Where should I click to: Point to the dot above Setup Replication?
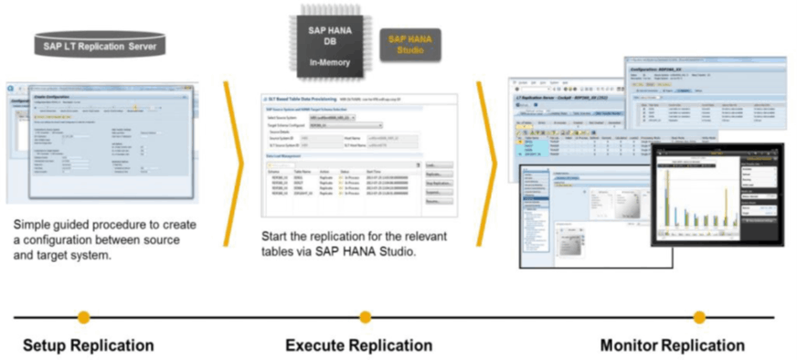pos(84,317)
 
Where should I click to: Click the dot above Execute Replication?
pos(366,317)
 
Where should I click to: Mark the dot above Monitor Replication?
pos(699,317)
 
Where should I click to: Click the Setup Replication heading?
pos(88,345)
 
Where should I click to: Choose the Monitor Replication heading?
pos(672,345)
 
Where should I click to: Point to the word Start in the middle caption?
pos(276,235)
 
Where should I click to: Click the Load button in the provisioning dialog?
pos(439,165)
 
